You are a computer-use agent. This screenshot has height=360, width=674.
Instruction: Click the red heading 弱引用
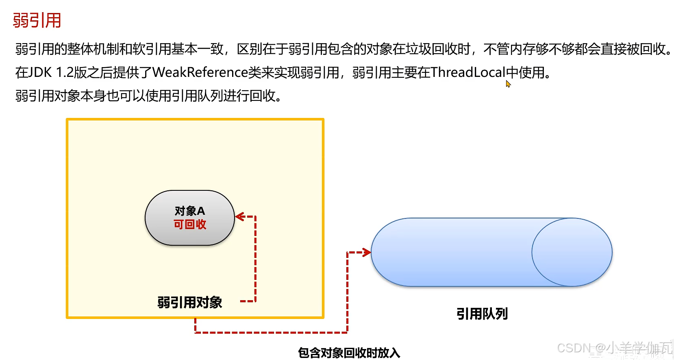tap(37, 20)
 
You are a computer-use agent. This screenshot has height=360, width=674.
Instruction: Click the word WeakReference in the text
tap(200, 72)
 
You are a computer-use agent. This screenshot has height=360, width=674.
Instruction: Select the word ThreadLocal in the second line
tap(467, 72)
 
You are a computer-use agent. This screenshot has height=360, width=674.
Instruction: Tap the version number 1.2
tap(65, 72)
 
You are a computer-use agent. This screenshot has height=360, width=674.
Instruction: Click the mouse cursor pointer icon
tap(508, 83)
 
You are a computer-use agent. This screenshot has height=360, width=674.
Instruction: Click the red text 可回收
tap(190, 225)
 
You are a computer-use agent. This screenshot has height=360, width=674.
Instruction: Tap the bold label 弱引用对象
tap(189, 302)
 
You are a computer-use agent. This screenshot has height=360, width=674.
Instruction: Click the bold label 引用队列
tap(482, 314)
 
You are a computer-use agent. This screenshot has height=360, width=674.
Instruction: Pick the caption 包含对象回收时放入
tap(349, 353)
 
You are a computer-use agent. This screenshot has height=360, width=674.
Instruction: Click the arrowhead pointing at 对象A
tap(239, 216)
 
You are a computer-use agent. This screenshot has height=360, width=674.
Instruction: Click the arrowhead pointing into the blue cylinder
tap(367, 253)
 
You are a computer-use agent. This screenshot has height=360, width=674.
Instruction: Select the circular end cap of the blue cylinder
tap(572, 252)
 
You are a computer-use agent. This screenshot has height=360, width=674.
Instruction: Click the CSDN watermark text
tap(614, 348)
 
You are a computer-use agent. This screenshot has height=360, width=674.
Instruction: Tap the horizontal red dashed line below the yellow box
tap(271, 332)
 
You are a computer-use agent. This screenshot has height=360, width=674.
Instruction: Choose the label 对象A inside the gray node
tap(190, 211)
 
